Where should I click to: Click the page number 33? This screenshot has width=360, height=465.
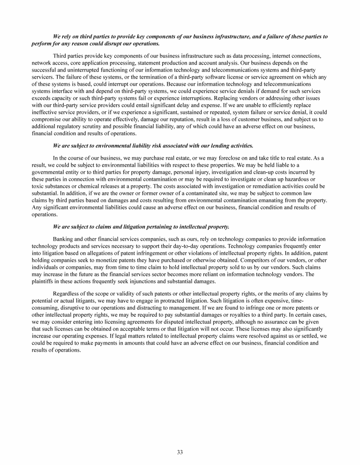coord(180,452)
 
